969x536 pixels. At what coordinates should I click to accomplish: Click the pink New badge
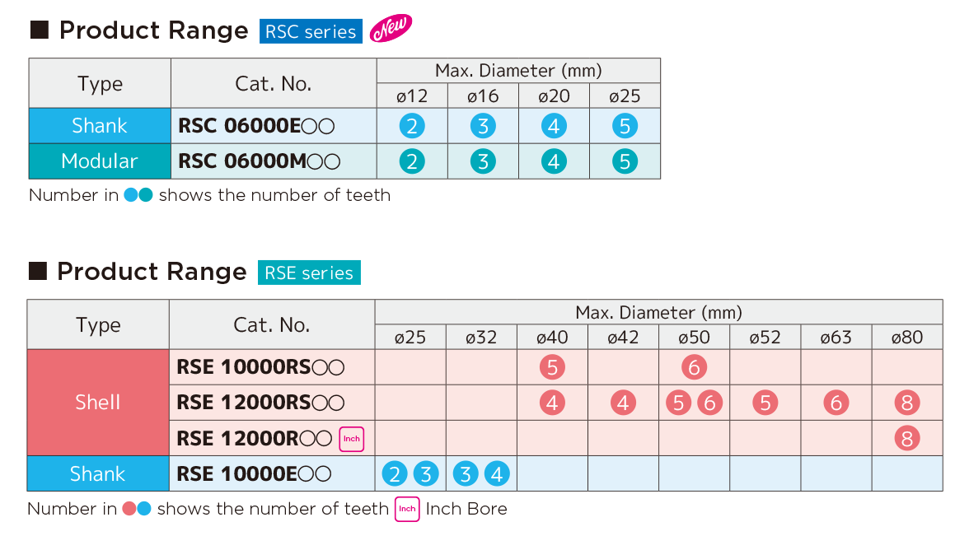[391, 29]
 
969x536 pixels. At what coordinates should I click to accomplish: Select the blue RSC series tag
[311, 31]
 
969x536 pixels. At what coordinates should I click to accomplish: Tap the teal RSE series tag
[309, 273]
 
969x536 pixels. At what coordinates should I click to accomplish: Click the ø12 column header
[412, 96]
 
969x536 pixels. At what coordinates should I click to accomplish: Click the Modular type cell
[100, 161]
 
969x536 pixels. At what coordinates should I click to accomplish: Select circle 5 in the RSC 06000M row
[625, 161]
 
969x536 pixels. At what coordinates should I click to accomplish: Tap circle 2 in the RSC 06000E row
[412, 126]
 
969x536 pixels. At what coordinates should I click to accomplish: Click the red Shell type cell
[98, 403]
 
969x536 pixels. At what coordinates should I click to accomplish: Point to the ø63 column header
[836, 338]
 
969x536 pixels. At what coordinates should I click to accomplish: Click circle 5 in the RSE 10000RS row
[552, 367]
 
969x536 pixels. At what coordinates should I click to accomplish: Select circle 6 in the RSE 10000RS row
[694, 367]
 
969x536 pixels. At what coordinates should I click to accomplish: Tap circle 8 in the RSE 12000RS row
[906, 403]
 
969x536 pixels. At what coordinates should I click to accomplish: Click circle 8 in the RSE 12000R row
[906, 438]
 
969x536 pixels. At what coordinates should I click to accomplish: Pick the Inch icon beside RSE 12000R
[351, 438]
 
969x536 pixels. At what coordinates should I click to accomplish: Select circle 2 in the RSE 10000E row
[396, 473]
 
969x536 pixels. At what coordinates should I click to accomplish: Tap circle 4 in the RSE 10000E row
[496, 473]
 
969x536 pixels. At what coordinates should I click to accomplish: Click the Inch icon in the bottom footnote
[407, 509]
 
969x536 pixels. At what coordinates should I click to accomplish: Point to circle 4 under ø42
[623, 403]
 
